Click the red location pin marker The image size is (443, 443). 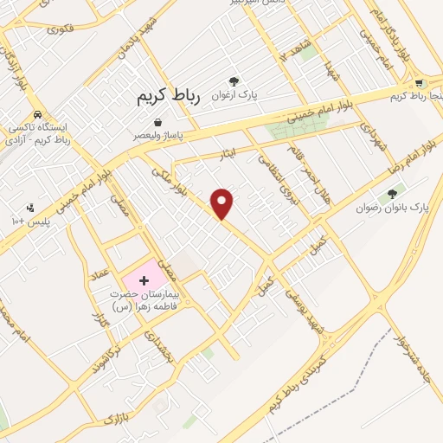pyautogui.click(x=223, y=202)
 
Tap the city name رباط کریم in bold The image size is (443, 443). pyautogui.click(x=168, y=96)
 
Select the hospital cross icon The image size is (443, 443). pyautogui.click(x=144, y=281)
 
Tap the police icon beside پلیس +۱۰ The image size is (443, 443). pyautogui.click(x=30, y=207)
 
